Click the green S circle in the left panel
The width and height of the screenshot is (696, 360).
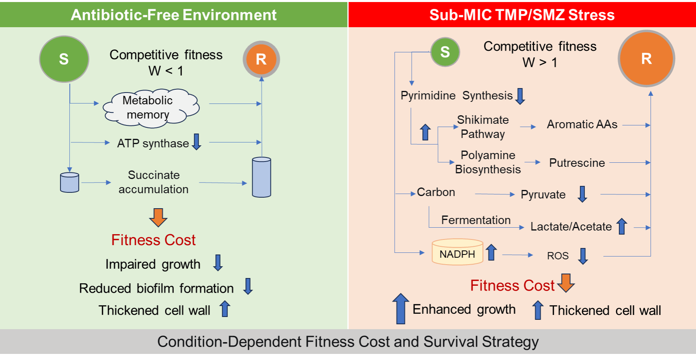coord(64,59)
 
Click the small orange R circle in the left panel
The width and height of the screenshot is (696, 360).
coord(261,59)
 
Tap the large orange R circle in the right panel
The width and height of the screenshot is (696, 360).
coord(646,58)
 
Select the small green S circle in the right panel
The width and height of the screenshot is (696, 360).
coord(445,52)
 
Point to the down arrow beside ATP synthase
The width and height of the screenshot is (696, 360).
coord(197,142)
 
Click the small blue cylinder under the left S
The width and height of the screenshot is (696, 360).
coord(69,183)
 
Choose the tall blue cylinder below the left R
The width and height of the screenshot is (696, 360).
coord(262,177)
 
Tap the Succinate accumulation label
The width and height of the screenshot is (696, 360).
coord(153,182)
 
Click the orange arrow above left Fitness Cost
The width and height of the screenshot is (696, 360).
coord(158,217)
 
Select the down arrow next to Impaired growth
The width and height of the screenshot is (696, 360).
coord(218,263)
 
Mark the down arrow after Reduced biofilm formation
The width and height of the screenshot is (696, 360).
coord(248,287)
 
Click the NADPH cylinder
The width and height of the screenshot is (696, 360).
coord(457,252)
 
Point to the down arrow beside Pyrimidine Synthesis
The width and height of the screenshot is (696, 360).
coord(520,96)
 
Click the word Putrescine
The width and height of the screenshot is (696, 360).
coord(577,163)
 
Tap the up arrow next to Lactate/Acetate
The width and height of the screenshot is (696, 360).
coord(622,226)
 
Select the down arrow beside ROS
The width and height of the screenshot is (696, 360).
coord(583,256)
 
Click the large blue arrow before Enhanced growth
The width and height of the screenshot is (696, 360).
coord(401,309)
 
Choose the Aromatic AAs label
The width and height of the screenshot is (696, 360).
coord(582,124)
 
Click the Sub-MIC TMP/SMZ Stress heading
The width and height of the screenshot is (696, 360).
coord(522,15)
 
